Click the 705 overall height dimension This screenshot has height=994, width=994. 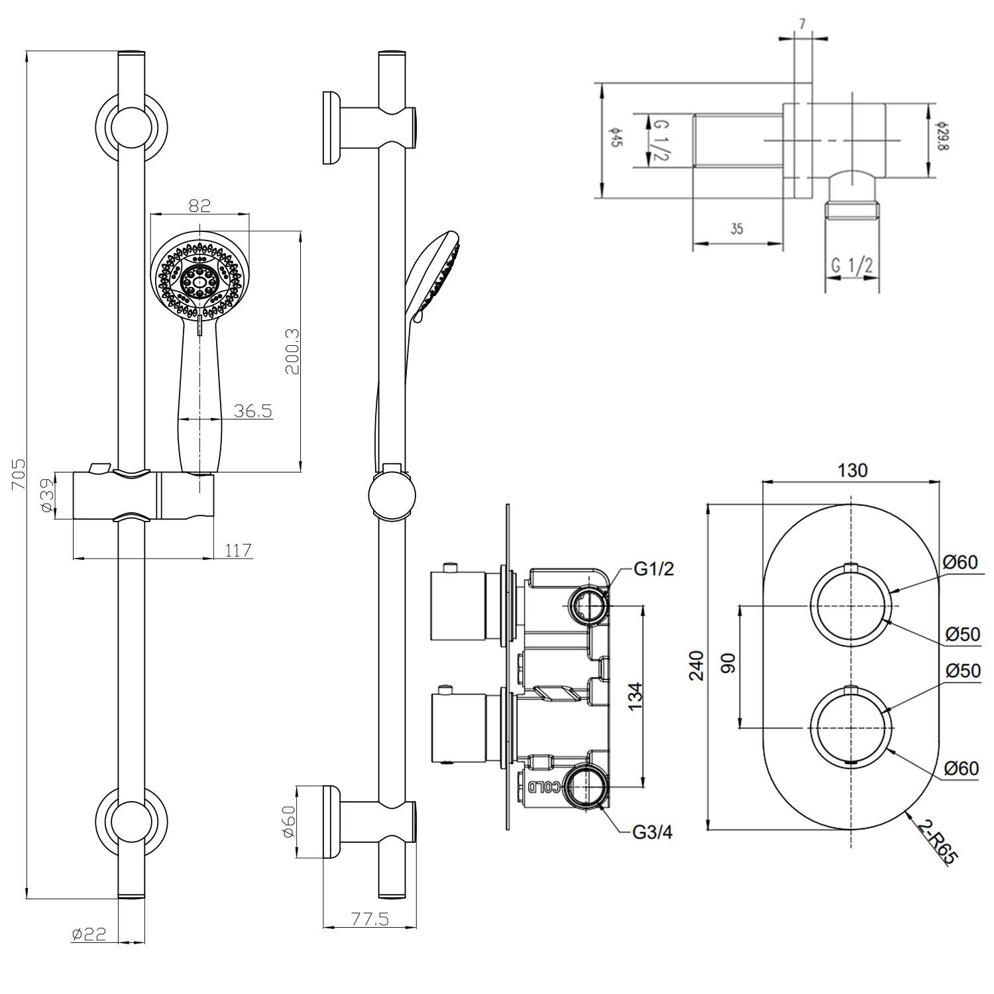(19, 473)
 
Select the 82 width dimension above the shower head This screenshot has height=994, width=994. (199, 205)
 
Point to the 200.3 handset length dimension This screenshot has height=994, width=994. (292, 351)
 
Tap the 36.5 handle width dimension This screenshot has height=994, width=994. (252, 411)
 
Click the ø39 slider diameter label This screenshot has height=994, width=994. (46, 495)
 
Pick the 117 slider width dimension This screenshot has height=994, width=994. (238, 550)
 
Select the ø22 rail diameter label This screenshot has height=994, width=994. (89, 934)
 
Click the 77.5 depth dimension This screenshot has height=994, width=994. (369, 919)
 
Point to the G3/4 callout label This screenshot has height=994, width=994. (652, 832)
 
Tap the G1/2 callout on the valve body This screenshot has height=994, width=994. (653, 569)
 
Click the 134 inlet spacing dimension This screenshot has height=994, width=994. (635, 696)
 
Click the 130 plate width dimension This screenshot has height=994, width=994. (852, 470)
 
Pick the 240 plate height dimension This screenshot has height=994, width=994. (696, 665)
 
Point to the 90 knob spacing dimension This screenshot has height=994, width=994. (728, 663)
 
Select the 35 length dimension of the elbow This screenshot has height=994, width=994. (736, 229)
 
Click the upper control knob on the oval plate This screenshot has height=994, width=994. (851, 605)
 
